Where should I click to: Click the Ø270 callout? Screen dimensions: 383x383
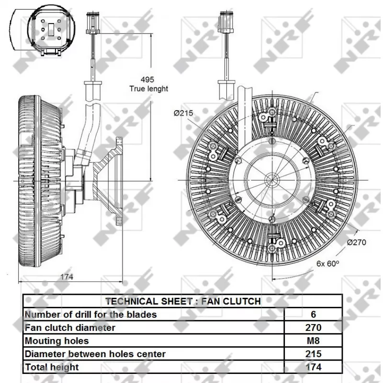pos(356,242)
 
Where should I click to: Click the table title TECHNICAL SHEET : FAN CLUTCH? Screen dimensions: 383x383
pos(183,301)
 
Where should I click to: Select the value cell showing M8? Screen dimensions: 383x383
pos(314,341)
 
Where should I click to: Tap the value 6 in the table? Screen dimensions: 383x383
pos(314,315)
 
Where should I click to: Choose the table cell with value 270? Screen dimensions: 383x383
pos(314,328)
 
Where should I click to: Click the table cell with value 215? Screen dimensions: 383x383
pos(314,354)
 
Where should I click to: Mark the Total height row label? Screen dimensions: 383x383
pos(52,367)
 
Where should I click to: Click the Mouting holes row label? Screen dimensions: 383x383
pos(56,341)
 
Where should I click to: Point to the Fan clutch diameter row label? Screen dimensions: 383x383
pos(70,328)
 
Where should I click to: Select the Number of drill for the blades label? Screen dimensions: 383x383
pos(90,315)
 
